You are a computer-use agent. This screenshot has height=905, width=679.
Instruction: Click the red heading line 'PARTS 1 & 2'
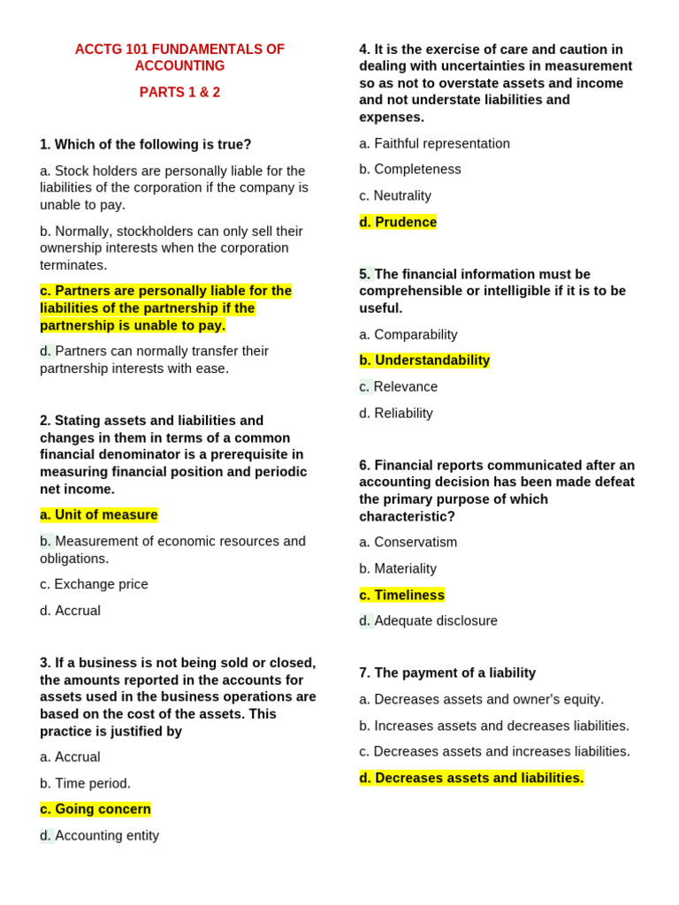(179, 93)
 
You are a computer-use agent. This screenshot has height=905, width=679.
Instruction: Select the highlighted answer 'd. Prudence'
(398, 222)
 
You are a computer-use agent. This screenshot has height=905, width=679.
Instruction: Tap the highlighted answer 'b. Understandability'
(424, 361)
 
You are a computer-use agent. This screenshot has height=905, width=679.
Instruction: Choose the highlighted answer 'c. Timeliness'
(401, 595)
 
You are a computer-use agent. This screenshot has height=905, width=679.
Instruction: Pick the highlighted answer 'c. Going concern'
(95, 809)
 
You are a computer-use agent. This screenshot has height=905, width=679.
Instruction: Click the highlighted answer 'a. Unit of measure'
(99, 514)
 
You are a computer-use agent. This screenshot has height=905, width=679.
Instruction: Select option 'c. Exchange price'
(94, 584)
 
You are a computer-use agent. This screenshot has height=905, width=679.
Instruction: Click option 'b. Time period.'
(85, 783)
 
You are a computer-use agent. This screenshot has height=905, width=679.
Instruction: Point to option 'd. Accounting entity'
(100, 835)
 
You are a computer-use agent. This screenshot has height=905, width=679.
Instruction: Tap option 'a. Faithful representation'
(434, 143)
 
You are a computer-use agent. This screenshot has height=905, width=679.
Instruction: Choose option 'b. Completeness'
(410, 169)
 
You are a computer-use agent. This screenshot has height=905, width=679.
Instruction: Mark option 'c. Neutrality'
(395, 195)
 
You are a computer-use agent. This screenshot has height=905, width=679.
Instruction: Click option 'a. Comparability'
(408, 334)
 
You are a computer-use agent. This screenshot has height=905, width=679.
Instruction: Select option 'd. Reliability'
(396, 413)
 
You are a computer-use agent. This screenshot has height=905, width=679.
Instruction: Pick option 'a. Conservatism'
(408, 542)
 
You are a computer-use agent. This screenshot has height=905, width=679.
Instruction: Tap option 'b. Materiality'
(398, 568)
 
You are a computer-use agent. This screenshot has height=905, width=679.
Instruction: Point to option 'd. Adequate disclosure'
(428, 620)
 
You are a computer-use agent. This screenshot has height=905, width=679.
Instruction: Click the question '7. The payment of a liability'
(447, 673)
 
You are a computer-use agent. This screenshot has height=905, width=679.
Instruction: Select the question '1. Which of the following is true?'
(146, 144)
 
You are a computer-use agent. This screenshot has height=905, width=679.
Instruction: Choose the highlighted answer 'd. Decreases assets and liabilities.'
(471, 778)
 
